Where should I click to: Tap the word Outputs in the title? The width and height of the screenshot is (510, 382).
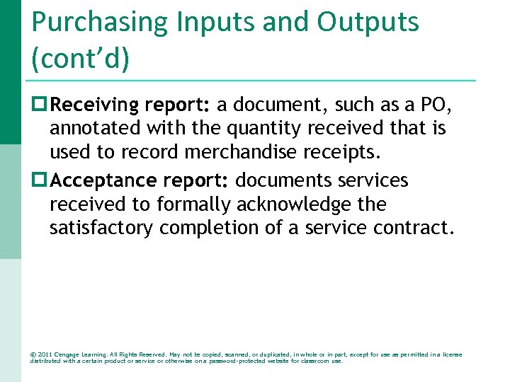[x=368, y=23]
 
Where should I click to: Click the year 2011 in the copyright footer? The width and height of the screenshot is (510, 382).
[x=44, y=354]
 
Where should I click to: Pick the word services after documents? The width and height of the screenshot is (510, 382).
[x=373, y=180]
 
